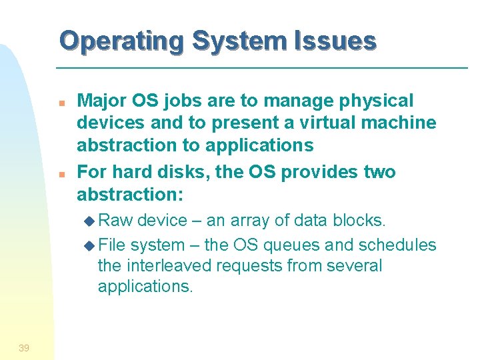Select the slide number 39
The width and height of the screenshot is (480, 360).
pyautogui.click(x=24, y=347)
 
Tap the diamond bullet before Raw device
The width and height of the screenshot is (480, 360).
pyautogui.click(x=92, y=221)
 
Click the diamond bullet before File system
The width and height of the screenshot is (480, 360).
pyautogui.click(x=92, y=245)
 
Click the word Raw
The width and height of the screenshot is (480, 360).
pyautogui.click(x=119, y=221)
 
